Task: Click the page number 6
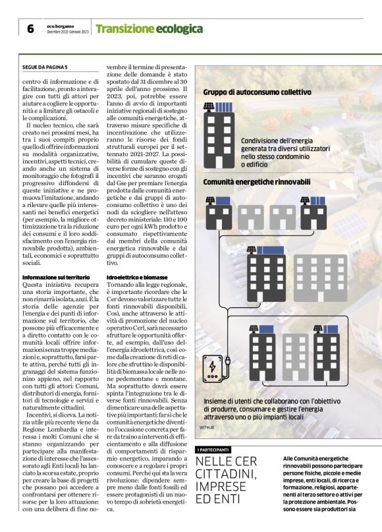[x=30, y=29]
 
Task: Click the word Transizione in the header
[x=124, y=29]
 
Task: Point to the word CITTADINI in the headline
[x=229, y=475]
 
